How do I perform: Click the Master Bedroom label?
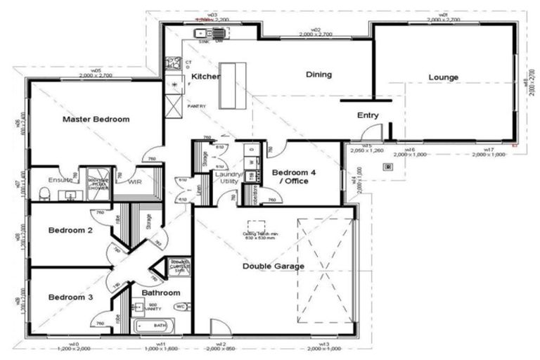[x=96, y=120]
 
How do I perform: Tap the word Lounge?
[x=443, y=77]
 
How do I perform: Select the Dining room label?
[x=319, y=75]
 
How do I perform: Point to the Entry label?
[x=368, y=115]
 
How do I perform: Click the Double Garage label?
[x=274, y=266]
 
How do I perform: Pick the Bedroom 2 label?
[x=70, y=231]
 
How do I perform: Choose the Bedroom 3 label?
[x=70, y=297]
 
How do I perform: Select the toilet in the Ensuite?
[x=45, y=193]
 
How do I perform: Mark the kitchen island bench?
[x=232, y=86]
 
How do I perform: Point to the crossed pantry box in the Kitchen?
[x=173, y=105]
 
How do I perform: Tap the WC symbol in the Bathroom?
[x=179, y=307]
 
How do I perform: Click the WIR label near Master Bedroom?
[x=136, y=181]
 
